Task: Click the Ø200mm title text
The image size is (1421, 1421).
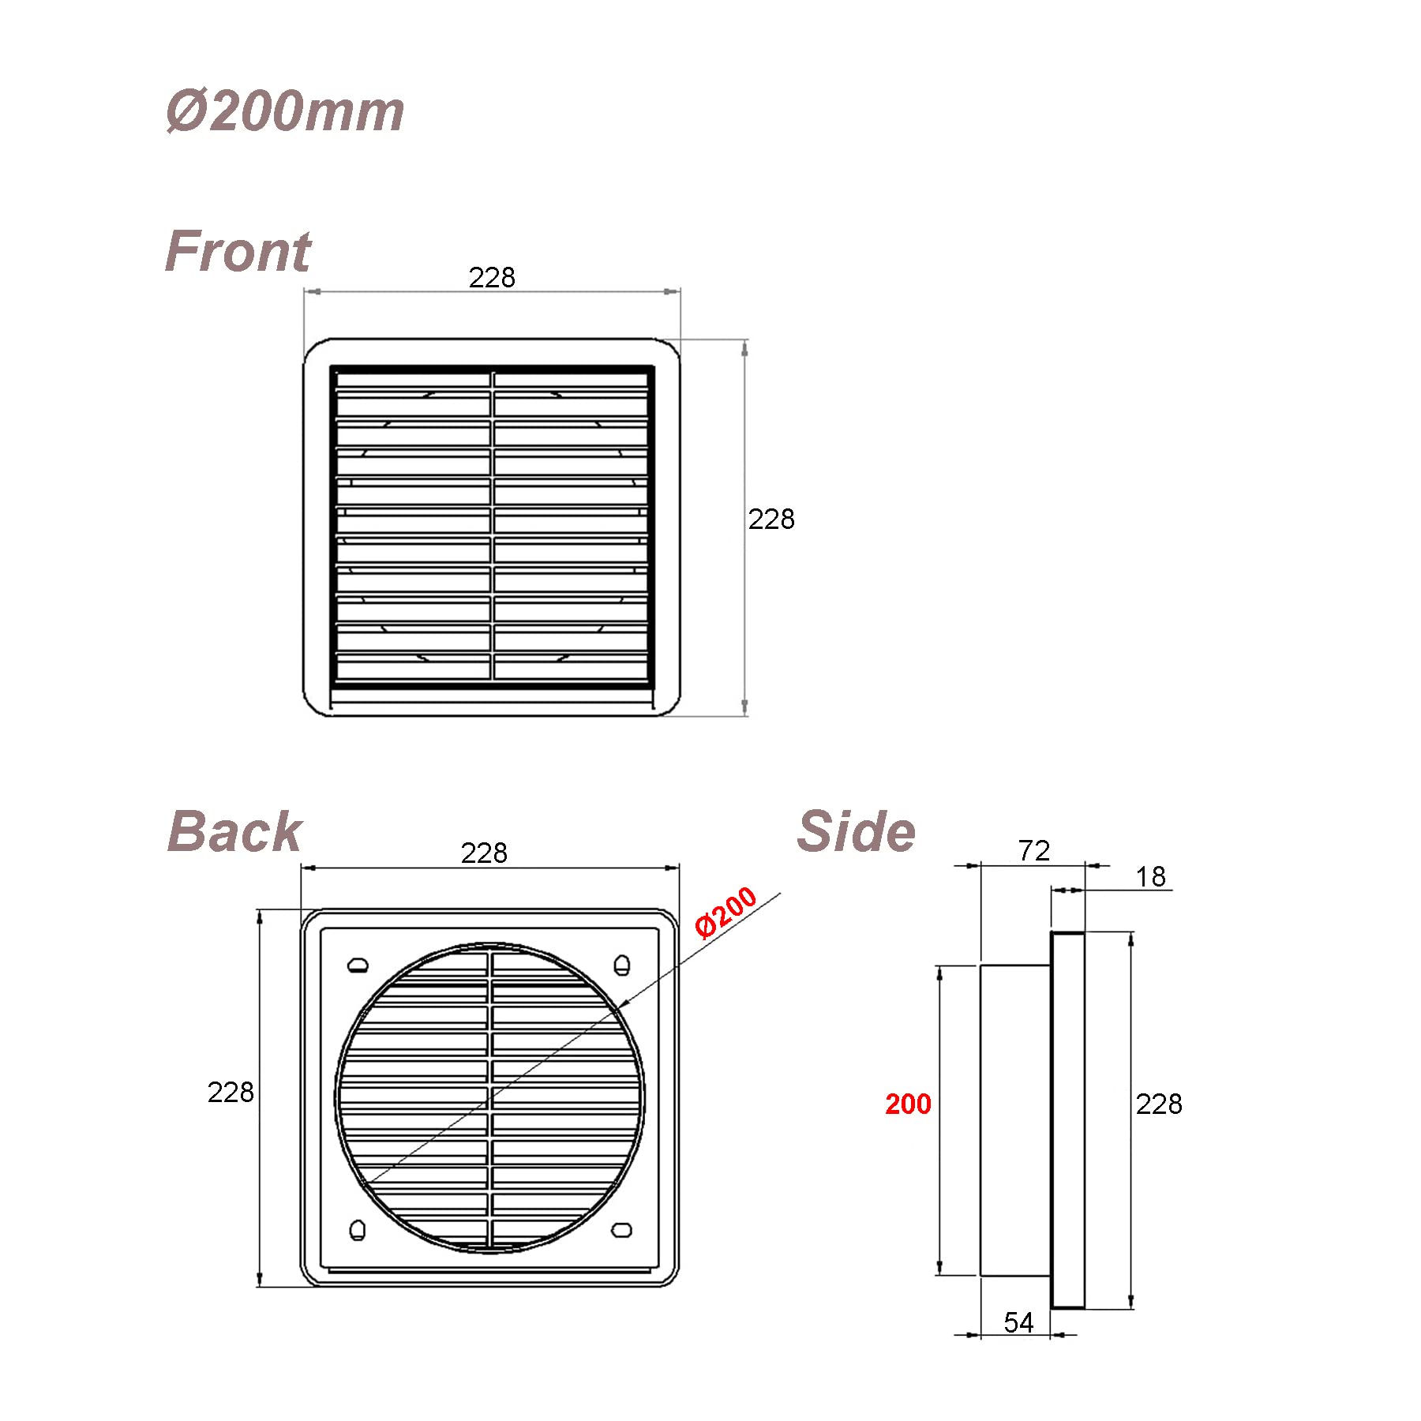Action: click(285, 111)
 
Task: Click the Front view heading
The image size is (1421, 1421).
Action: click(238, 251)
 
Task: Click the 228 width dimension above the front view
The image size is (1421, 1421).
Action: click(492, 277)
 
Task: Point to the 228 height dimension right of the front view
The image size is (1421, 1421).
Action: click(771, 519)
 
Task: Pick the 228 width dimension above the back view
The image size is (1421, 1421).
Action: click(484, 853)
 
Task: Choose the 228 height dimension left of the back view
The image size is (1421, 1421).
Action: click(231, 1092)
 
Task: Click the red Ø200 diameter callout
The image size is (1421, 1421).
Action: click(726, 913)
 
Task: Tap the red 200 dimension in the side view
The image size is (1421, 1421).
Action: click(908, 1104)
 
